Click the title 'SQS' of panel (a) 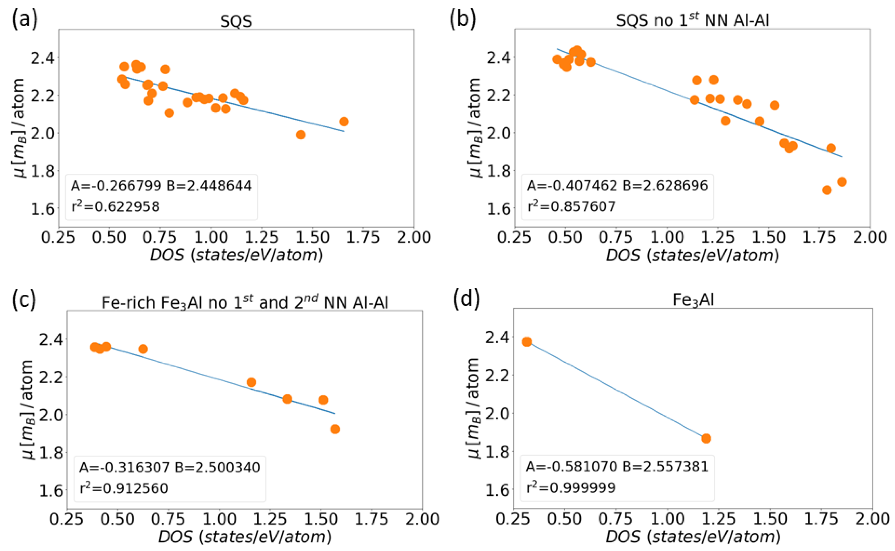[236, 21]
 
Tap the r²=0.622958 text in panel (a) [115, 207]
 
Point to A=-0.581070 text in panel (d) [571, 466]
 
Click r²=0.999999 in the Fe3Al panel [571, 487]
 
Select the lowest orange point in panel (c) [335, 429]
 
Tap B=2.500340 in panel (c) [217, 467]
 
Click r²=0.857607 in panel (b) [571, 206]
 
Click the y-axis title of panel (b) [474, 127]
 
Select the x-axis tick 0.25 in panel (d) [513, 519]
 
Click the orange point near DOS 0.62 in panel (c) [143, 349]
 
